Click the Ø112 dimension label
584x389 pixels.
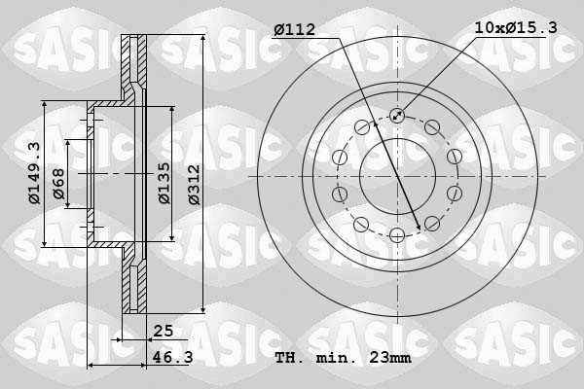coord(295,28)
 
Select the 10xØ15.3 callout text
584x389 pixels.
coord(516,28)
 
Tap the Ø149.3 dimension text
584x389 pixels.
coord(34,173)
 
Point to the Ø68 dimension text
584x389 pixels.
coord(59,185)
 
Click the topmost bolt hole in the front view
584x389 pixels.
coord(397,116)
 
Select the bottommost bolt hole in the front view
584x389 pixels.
coord(397,234)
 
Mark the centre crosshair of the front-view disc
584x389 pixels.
coord(397,175)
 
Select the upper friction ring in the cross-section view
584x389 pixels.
coord(134,63)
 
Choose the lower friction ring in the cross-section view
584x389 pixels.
coord(134,287)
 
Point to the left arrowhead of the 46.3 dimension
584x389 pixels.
coord(91,366)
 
